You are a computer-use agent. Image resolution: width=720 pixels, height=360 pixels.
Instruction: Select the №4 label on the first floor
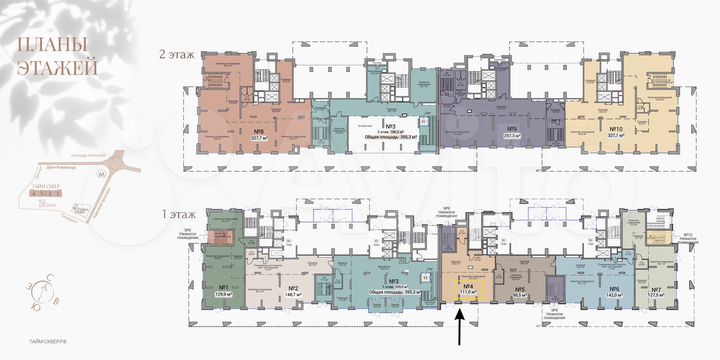pyautogui.click(x=466, y=287)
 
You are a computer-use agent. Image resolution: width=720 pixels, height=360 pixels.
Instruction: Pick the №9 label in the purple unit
pyautogui.click(x=483, y=128)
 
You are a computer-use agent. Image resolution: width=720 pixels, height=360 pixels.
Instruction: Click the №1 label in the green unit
pyautogui.click(x=225, y=287)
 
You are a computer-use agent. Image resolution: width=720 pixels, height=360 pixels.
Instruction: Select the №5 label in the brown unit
pyautogui.click(x=519, y=287)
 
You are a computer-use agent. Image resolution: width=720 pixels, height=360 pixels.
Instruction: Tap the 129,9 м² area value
pyautogui.click(x=225, y=296)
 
